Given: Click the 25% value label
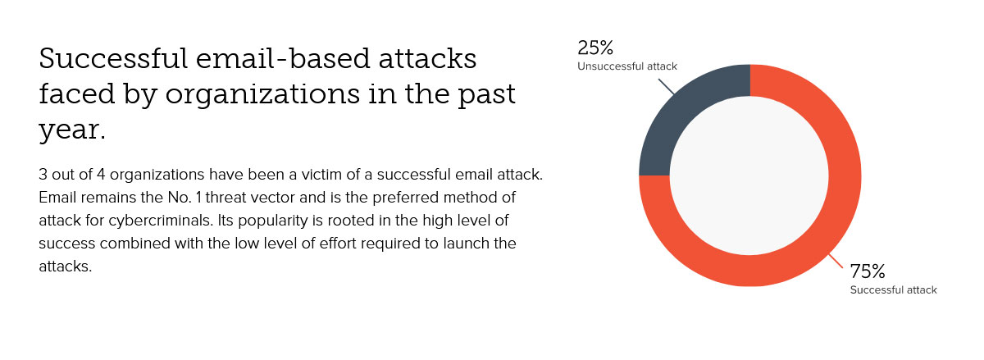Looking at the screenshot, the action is pyautogui.click(x=595, y=48).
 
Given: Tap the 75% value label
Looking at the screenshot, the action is pyautogui.click(x=868, y=271).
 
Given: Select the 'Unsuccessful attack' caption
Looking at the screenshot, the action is pyautogui.click(x=627, y=66).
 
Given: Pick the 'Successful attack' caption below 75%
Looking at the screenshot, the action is pyautogui.click(x=894, y=290).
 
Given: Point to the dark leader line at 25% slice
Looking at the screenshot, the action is pyautogui.click(x=667, y=87).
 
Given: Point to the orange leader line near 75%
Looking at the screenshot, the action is pyautogui.click(x=836, y=261).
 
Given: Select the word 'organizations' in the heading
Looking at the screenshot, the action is pyautogui.click(x=262, y=94).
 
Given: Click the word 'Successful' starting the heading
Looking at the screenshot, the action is pyautogui.click(x=113, y=58).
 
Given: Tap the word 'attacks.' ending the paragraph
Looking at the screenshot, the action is pyautogui.click(x=66, y=267).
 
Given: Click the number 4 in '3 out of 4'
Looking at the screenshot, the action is pyautogui.click(x=101, y=175).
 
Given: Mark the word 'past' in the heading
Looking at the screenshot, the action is pyautogui.click(x=487, y=95).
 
